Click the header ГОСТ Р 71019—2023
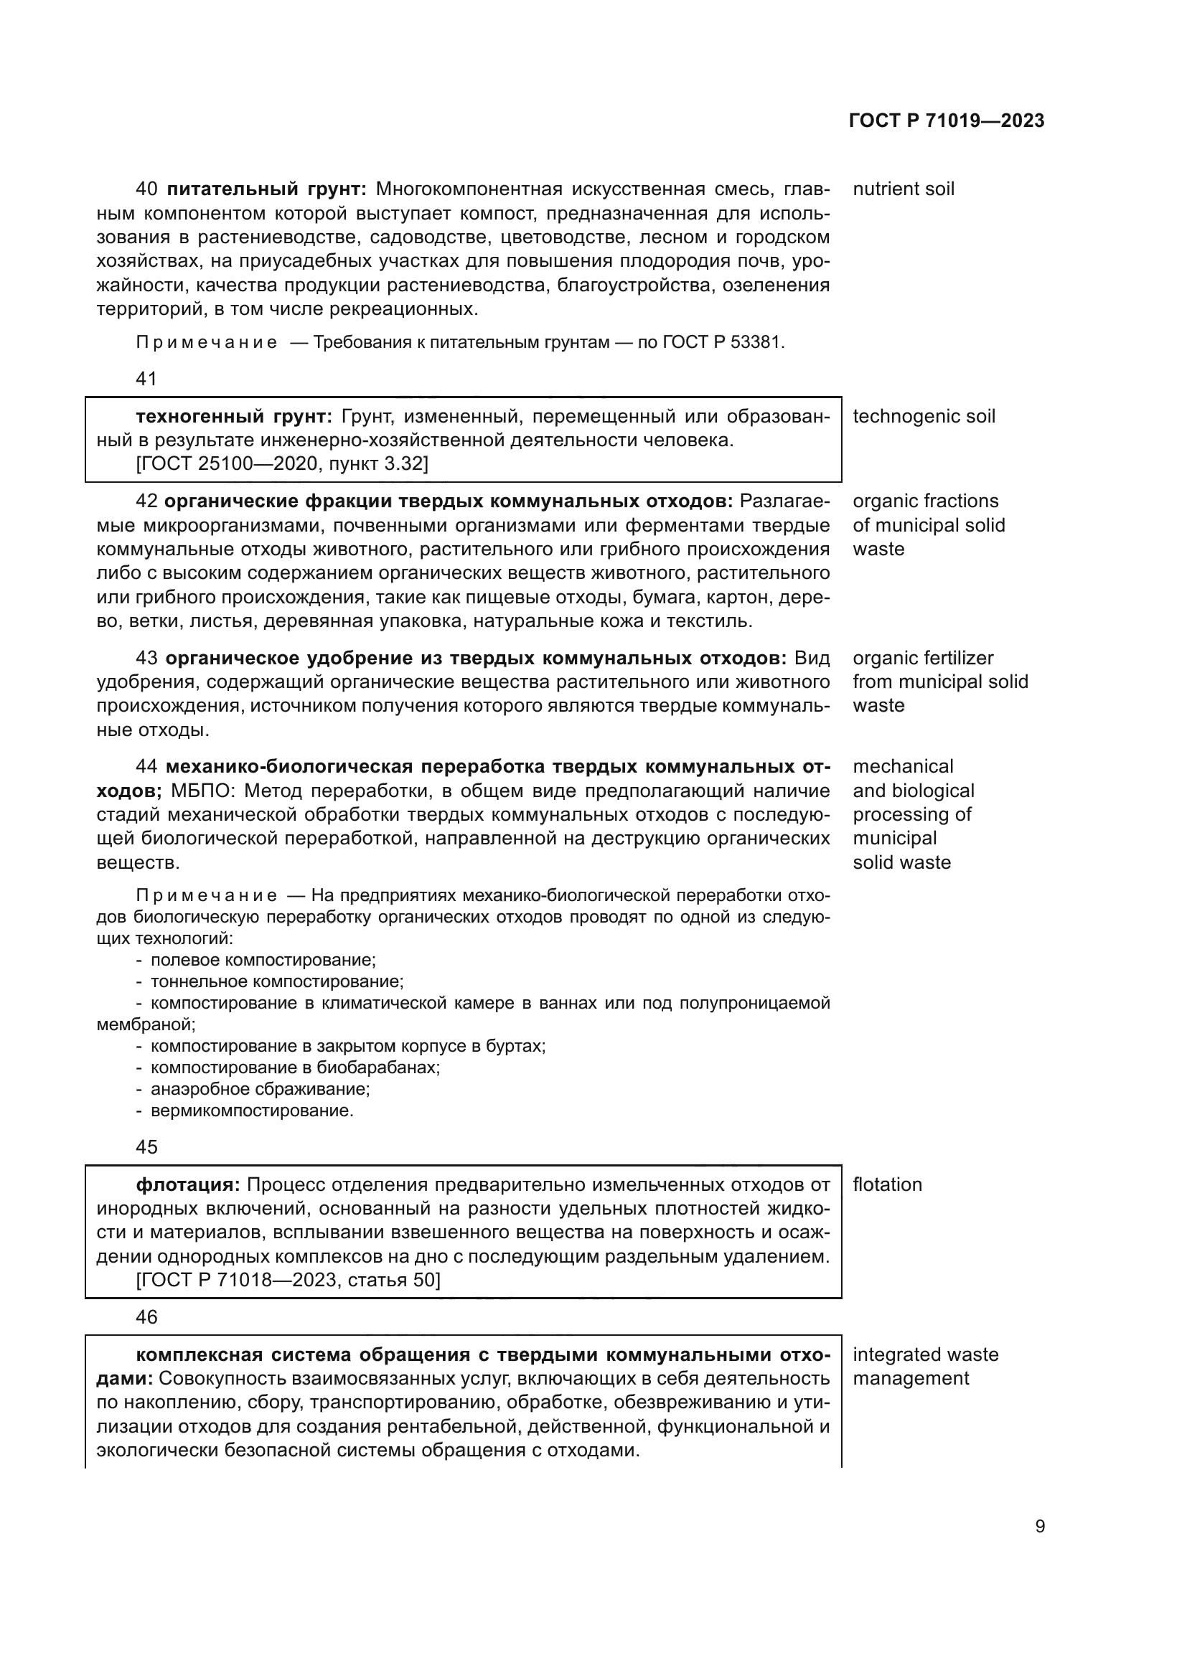coord(947,121)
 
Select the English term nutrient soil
coord(904,189)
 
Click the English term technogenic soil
coord(924,417)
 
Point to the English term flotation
coord(887,1184)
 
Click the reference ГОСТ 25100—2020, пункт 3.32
coord(282,464)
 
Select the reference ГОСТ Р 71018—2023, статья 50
coord(288,1281)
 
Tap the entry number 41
coord(146,379)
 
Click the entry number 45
coord(146,1147)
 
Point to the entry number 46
coord(146,1317)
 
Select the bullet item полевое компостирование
coord(263,960)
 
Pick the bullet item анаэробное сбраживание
coord(261,1090)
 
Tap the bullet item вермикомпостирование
coord(252,1111)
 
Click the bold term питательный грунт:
coord(267,189)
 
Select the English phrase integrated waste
coord(925,1355)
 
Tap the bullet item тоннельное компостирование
coord(277,981)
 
